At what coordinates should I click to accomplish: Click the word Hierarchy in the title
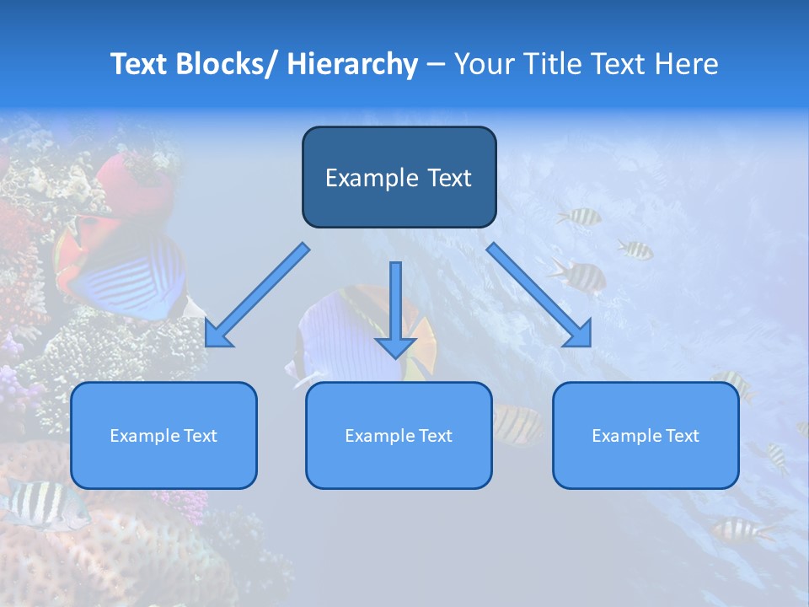click(352, 64)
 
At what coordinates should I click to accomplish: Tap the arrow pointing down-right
click(539, 295)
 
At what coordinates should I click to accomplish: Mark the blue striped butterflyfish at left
click(126, 274)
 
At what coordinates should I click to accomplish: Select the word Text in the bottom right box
click(682, 436)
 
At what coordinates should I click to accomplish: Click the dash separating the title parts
click(436, 65)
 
